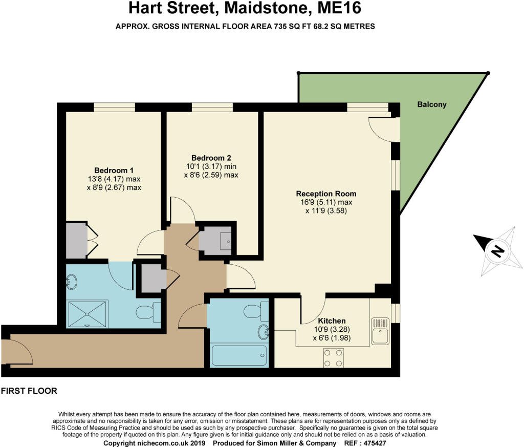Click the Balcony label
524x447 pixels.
coord(431,104)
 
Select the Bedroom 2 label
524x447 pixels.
coord(207,158)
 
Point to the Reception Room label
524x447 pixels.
coord(326,194)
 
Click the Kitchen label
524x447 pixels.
coord(333,321)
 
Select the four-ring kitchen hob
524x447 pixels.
coord(333,357)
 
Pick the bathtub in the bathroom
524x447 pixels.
coord(239,355)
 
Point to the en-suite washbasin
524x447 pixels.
coord(72,281)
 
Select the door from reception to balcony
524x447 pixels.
coord(386,128)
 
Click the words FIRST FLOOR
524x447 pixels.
coord(29,391)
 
